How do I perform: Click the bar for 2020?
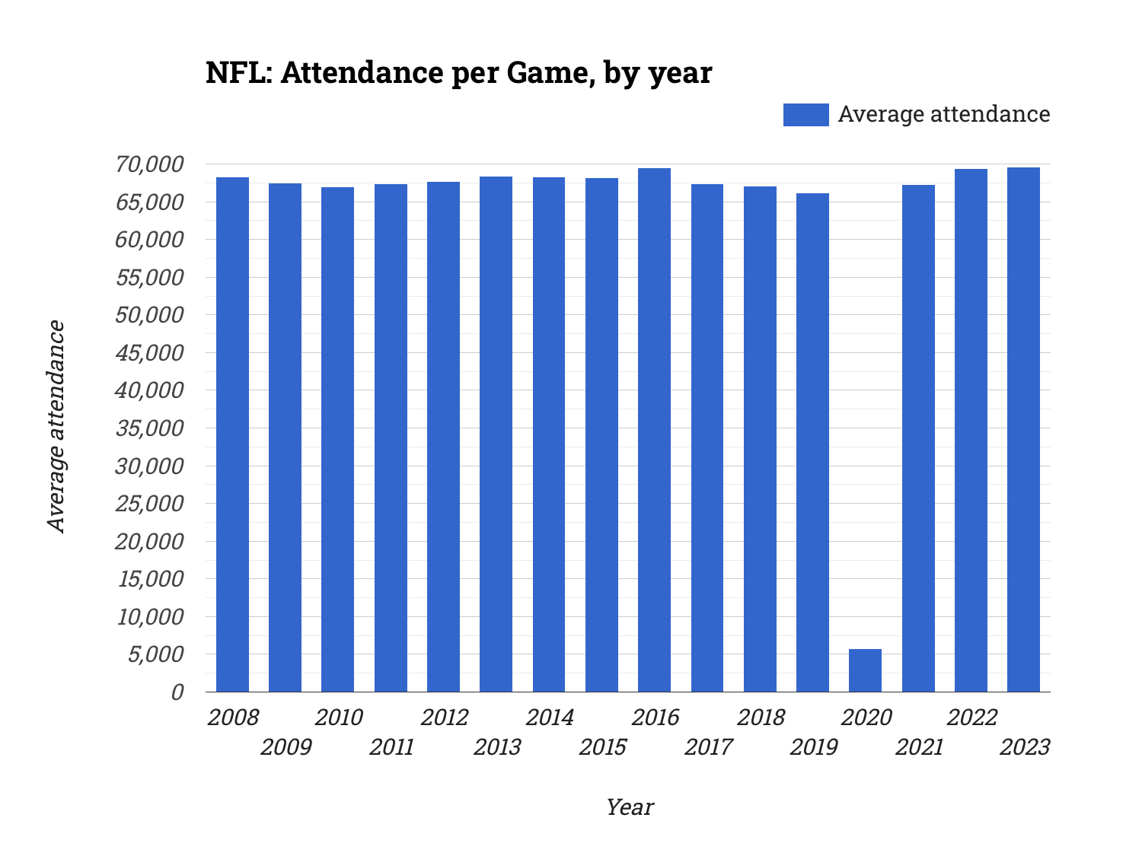pos(865,670)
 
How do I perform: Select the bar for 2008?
pos(232,434)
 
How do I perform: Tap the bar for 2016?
pos(654,430)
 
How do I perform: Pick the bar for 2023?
pos(1023,429)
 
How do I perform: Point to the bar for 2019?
pos(812,442)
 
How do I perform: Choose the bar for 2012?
pos(443,437)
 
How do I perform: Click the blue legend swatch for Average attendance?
pos(805,114)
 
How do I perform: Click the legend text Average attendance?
pos(943,114)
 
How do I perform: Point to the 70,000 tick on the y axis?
pos(150,164)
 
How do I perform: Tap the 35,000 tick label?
pos(150,428)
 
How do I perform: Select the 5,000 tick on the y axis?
pos(155,654)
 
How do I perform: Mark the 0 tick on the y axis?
pos(177,692)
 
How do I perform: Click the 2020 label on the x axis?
pos(866,718)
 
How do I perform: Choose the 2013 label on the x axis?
pos(497,747)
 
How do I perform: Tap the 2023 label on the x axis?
pos(1024,747)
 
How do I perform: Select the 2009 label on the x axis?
pos(285,747)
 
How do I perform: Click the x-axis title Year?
pos(629,807)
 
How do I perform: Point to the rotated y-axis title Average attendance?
pos(56,426)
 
